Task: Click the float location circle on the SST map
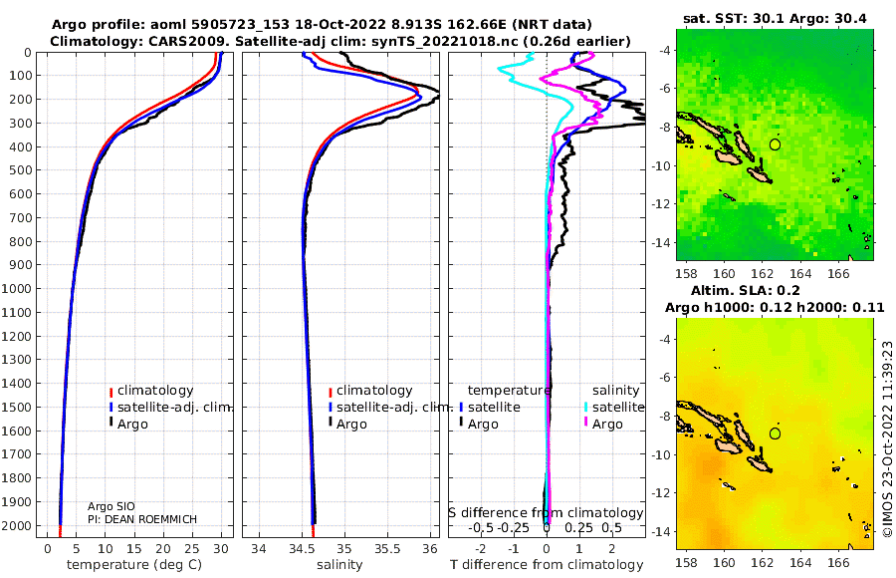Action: [x=775, y=144]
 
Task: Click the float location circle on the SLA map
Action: [x=775, y=433]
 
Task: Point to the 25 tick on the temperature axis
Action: [x=192, y=548]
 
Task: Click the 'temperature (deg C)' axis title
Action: [x=134, y=565]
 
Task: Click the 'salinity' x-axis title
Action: [x=339, y=565]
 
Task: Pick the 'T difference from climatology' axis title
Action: [x=547, y=565]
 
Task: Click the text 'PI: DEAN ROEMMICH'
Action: [x=142, y=519]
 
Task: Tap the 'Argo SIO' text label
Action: [x=111, y=506]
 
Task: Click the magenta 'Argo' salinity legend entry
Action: [x=603, y=425]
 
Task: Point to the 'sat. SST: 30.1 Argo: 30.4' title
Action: [x=775, y=18]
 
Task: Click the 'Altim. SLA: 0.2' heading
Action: [x=745, y=290]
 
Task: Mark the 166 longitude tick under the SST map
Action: [x=838, y=273]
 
